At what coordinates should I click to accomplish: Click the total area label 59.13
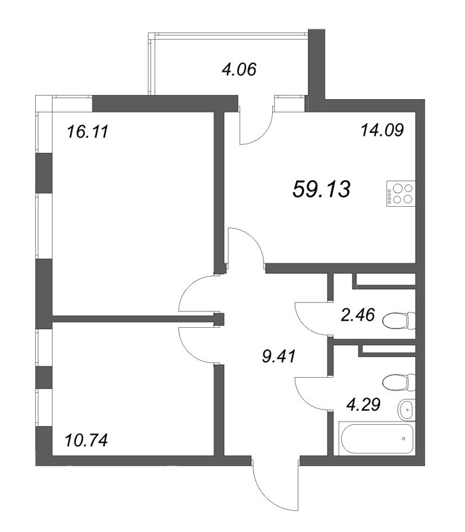(321, 189)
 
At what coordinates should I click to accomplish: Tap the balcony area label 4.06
(239, 70)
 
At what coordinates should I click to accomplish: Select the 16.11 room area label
(88, 132)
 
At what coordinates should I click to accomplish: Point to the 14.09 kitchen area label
(383, 130)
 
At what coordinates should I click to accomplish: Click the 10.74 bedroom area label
(86, 440)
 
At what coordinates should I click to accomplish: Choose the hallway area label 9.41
(279, 356)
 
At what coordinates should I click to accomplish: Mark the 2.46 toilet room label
(358, 315)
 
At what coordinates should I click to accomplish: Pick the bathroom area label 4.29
(363, 404)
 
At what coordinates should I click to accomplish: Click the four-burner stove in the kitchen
(400, 194)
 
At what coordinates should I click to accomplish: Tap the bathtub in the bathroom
(377, 439)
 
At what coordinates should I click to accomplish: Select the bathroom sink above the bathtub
(406, 410)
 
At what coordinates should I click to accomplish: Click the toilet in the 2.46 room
(399, 321)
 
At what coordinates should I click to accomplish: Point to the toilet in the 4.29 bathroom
(399, 383)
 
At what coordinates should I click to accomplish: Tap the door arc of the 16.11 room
(186, 290)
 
